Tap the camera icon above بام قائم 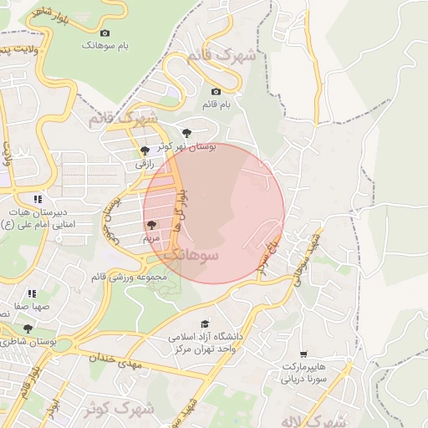tap(217, 91)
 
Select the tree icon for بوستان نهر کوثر tap(186, 132)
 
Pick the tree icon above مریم tap(151, 225)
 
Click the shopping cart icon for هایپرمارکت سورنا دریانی tap(303, 354)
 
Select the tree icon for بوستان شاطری tap(28, 329)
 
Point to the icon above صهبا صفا tap(32, 293)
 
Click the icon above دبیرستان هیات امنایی tap(37, 199)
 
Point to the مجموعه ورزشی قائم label tap(129, 277)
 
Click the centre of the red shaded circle tap(214, 213)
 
